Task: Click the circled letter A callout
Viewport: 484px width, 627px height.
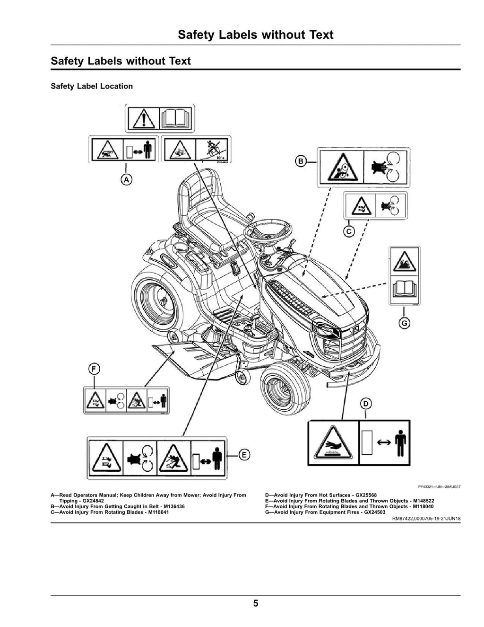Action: (x=126, y=180)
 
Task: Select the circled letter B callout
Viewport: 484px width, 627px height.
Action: (x=301, y=161)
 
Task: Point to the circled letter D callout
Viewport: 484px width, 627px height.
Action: (x=366, y=404)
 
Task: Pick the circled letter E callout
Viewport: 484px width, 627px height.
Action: (x=244, y=455)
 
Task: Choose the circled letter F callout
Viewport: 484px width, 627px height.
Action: (x=94, y=369)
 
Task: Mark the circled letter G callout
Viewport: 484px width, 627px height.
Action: (x=404, y=323)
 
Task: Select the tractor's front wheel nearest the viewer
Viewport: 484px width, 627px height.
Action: (x=285, y=388)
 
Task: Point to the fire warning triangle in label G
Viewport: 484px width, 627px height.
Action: (x=405, y=261)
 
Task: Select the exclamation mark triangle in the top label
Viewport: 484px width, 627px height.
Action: (x=143, y=119)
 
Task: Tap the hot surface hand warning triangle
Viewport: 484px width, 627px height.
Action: (x=334, y=443)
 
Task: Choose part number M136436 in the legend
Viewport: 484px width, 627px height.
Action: (x=174, y=506)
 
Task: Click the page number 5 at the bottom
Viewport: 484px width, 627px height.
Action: (x=256, y=603)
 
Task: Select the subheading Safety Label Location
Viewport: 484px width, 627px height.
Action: (x=92, y=86)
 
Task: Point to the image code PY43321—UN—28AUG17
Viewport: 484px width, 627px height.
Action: (x=440, y=487)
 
